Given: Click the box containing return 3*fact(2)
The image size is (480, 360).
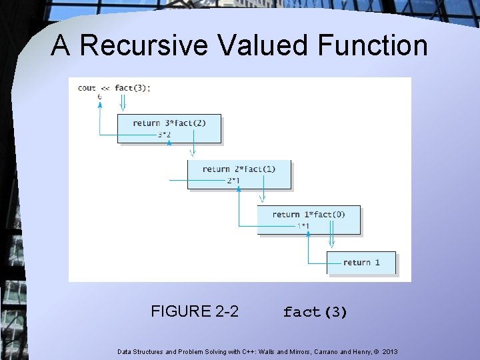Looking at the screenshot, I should (x=169, y=127).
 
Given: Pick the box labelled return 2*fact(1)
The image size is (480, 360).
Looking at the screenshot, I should (x=239, y=173).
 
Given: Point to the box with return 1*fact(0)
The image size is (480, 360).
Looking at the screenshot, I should (x=309, y=219).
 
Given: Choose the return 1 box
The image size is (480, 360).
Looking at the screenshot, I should (x=361, y=263).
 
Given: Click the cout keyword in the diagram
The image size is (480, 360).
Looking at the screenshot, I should (x=87, y=87).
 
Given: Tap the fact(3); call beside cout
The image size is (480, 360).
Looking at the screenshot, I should (x=133, y=87).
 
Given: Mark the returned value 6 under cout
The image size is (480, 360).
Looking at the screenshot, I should (x=100, y=97).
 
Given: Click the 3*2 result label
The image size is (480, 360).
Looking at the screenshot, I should (x=164, y=135).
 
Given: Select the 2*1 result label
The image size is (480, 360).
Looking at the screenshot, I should (x=233, y=181).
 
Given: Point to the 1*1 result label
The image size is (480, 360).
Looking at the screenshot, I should (x=303, y=226).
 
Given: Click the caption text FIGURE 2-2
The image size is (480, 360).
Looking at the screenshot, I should (x=195, y=311).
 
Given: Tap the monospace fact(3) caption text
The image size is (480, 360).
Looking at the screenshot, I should (x=315, y=312).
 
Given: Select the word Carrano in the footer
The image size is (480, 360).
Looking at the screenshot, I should (x=323, y=351).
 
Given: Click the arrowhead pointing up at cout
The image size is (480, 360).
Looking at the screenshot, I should (x=100, y=105).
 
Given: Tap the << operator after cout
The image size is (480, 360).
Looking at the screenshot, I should (x=105, y=87).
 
